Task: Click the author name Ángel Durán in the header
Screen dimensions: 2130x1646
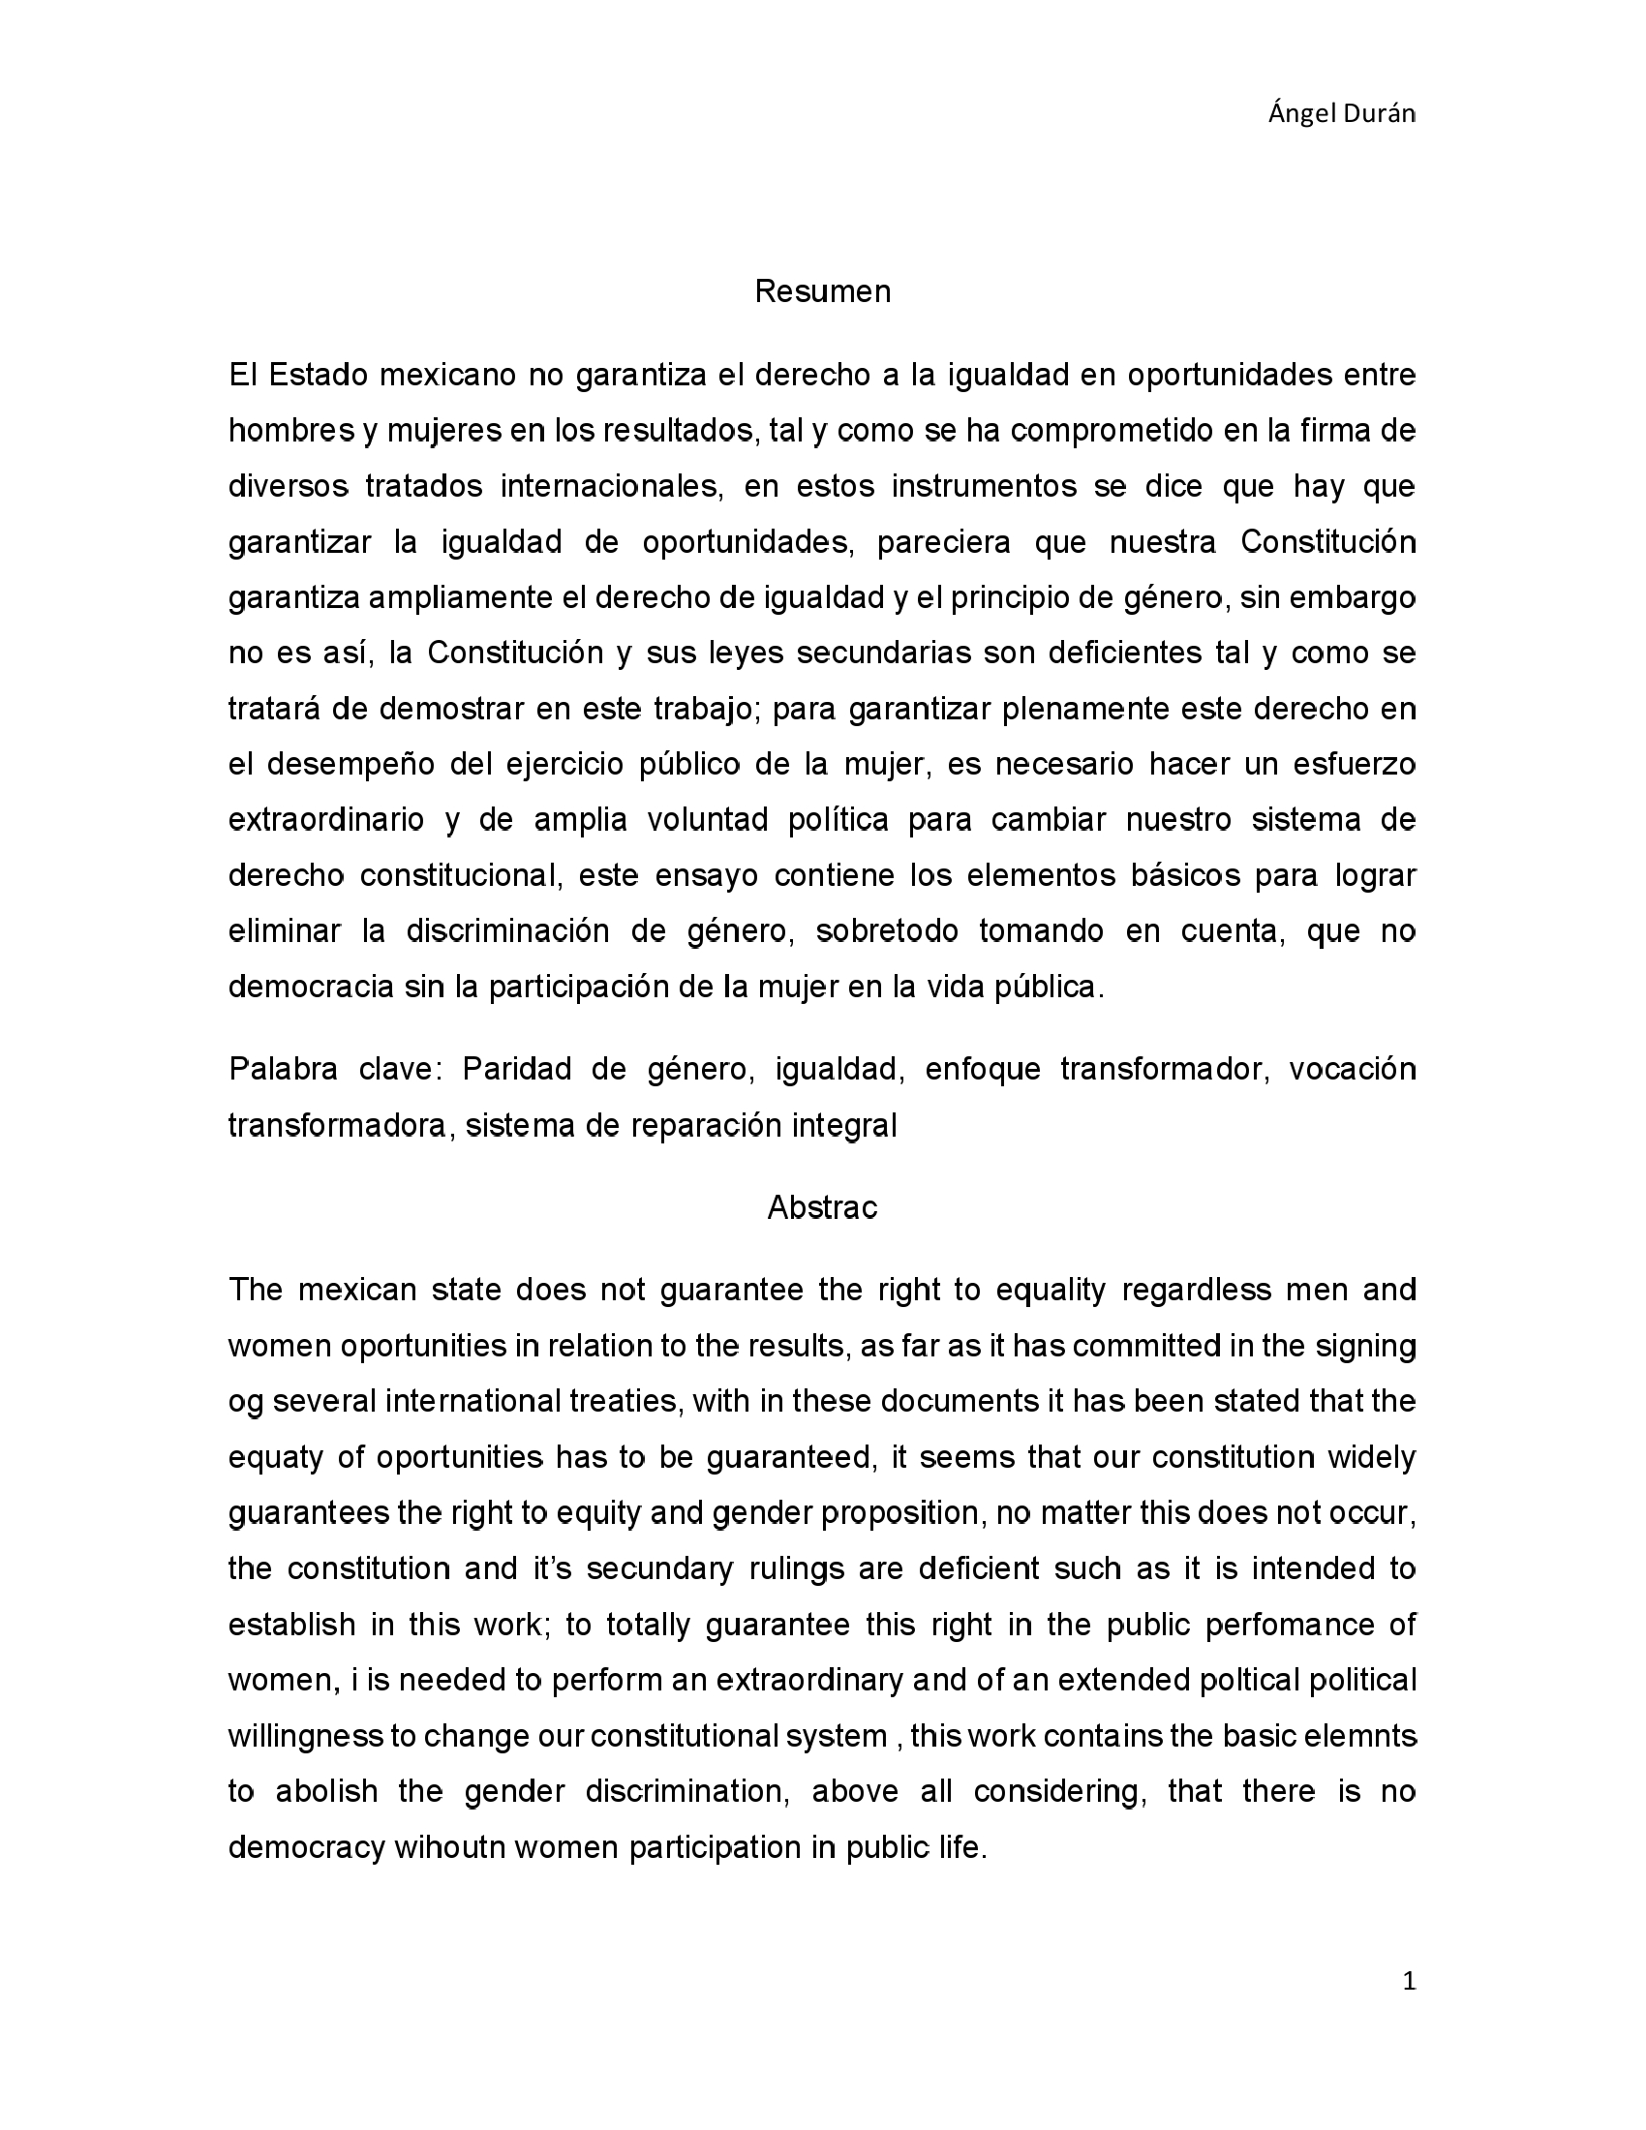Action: pyautogui.click(x=1341, y=114)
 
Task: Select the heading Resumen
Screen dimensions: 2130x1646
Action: pyautogui.click(x=822, y=291)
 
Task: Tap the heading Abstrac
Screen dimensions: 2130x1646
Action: pyautogui.click(x=822, y=1208)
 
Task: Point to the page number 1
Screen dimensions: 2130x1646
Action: pyautogui.click(x=1407, y=1981)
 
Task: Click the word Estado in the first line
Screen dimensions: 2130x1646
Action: pyautogui.click(x=314, y=375)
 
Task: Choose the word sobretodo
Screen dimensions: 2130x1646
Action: pyautogui.click(x=887, y=931)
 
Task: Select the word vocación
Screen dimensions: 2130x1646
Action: pyautogui.click(x=1352, y=1069)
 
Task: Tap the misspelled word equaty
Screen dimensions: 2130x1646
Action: pyautogui.click(x=274, y=1457)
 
